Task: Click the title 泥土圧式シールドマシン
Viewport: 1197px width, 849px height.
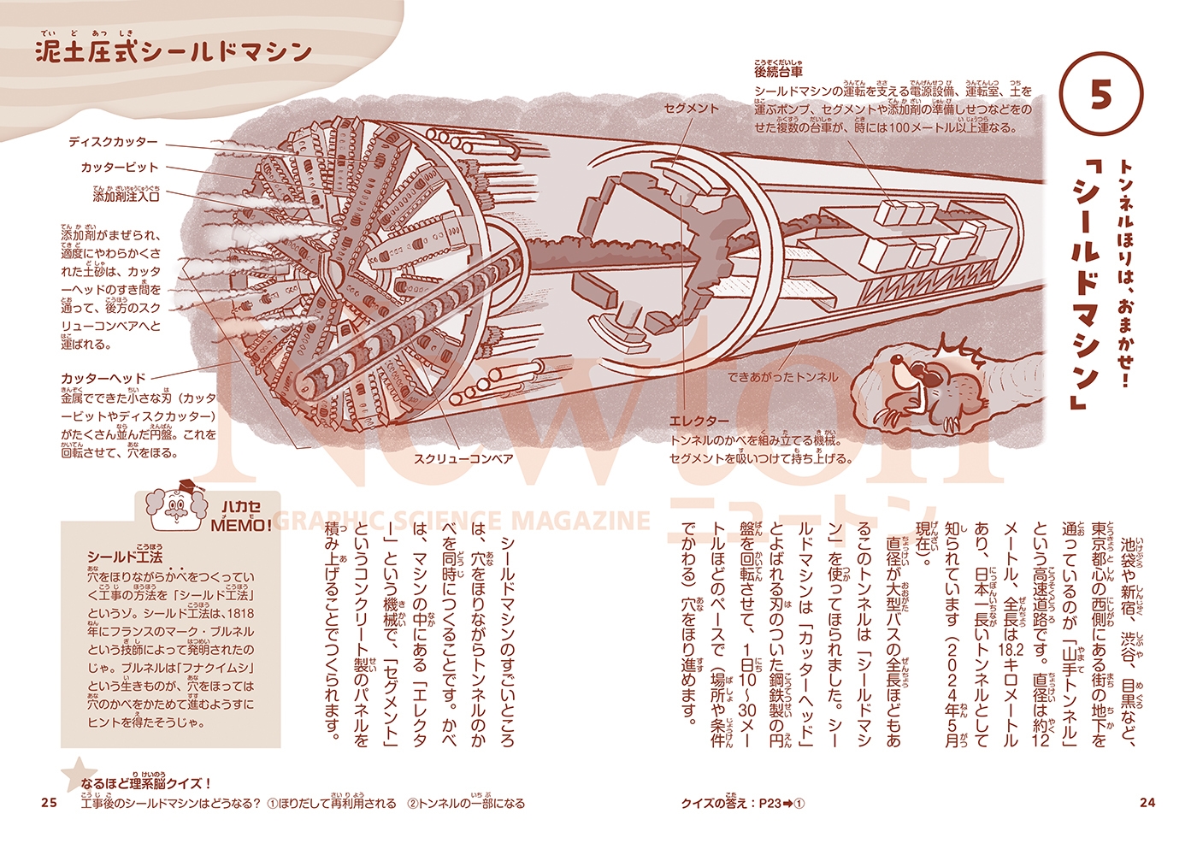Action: click(x=174, y=52)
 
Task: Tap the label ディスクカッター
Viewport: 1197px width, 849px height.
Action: click(x=113, y=142)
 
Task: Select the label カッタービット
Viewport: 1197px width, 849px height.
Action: click(x=120, y=168)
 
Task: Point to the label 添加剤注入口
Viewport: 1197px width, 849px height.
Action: click(x=126, y=196)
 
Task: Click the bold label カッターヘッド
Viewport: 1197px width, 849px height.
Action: click(x=103, y=378)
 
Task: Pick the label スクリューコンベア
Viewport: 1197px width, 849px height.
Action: click(x=463, y=459)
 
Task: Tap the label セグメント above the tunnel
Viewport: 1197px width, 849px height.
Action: click(x=692, y=109)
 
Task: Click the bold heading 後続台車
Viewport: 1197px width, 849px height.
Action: click(x=778, y=73)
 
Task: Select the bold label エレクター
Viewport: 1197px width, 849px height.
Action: click(x=699, y=422)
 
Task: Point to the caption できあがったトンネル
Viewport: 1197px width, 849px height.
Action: click(x=782, y=376)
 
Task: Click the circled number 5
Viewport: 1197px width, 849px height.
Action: click(x=1100, y=95)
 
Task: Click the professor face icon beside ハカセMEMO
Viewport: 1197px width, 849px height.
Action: click(x=178, y=509)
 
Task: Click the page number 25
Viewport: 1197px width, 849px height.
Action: click(x=49, y=802)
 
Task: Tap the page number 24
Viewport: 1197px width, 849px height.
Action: click(x=1147, y=802)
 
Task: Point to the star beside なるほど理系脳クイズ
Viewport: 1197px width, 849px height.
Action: click(x=75, y=773)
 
